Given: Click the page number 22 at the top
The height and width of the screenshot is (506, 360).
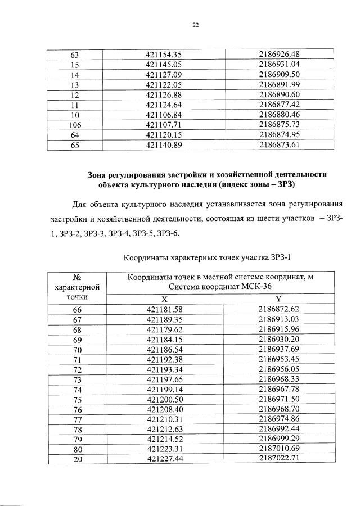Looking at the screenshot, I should [x=195, y=25].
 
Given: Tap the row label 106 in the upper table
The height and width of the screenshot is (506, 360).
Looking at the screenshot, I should [x=75, y=125].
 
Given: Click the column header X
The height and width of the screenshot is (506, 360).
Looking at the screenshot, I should [x=164, y=299].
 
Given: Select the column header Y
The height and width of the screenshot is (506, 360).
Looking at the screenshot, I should [x=278, y=299].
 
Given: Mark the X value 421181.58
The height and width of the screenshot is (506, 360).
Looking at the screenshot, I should [x=164, y=310].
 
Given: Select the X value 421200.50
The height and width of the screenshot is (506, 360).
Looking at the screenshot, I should [x=164, y=400].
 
